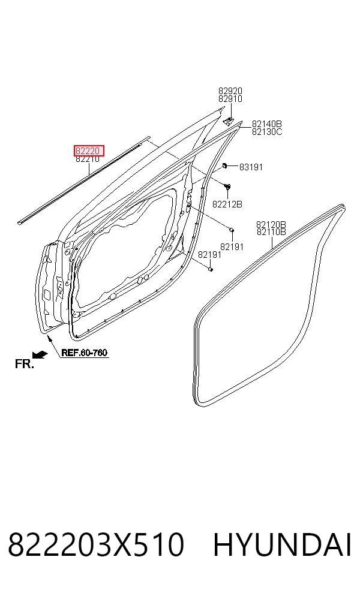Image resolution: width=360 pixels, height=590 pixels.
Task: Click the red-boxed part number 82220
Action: (88, 151)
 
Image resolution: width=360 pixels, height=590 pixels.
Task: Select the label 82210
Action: (88, 159)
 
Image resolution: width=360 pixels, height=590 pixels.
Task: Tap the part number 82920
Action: (230, 91)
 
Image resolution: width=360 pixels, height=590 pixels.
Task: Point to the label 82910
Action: (230, 98)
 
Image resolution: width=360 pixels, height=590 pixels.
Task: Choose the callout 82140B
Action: (266, 124)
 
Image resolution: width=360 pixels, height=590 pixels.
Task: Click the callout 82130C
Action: (266, 132)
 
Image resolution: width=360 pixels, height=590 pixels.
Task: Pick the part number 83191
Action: (251, 167)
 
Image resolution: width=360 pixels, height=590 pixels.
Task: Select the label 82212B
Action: (227, 204)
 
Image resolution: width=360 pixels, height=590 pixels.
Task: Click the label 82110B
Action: (271, 232)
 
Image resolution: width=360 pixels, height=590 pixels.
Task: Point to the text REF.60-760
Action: (84, 353)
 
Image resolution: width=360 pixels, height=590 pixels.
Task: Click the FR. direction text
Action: (25, 364)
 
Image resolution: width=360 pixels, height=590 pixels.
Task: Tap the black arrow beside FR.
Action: (40, 354)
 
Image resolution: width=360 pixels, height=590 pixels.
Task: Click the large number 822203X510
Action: (96, 544)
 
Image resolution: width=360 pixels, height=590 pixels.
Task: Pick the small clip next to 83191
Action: (225, 165)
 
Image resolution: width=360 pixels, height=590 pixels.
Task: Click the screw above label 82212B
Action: (227, 186)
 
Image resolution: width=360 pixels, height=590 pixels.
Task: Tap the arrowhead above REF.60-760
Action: (49, 337)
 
